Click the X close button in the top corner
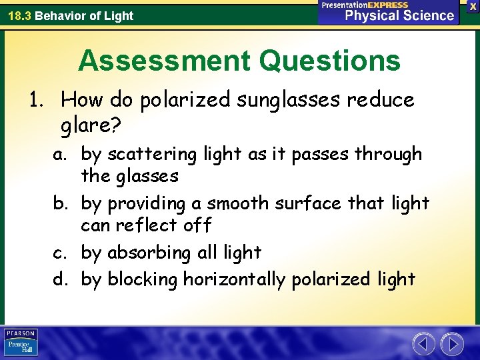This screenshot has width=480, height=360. point(473,6)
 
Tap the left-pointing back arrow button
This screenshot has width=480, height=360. point(423,344)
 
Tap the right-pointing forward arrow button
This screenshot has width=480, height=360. point(453,344)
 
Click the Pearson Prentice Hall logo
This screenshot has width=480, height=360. point(21,343)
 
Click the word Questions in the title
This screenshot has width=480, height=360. point(330,61)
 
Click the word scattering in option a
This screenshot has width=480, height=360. point(148,154)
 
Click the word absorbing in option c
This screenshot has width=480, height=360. point(148,253)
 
